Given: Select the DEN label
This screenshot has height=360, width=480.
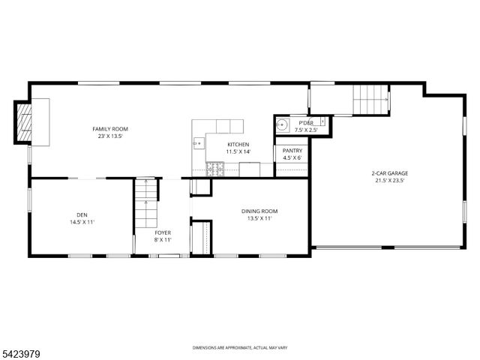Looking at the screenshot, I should [x=82, y=214].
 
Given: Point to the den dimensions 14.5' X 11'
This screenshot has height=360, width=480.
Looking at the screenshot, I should [x=82, y=222].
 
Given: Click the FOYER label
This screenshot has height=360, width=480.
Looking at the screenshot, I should [x=163, y=232].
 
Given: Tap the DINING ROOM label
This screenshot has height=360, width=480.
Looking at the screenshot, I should [x=259, y=211].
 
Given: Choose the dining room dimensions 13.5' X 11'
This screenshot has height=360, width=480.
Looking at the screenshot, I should [x=259, y=219].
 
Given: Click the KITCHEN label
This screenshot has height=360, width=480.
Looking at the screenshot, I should [x=238, y=144].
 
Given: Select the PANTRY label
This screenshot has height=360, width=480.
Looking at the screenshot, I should [x=292, y=150].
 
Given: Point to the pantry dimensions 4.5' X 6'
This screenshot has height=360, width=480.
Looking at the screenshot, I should [x=292, y=157].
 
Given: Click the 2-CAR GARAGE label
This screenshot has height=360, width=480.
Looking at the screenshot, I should [x=388, y=172].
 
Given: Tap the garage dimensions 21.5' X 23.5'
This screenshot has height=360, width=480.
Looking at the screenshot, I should [x=388, y=181].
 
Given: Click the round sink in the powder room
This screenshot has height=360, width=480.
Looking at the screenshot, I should [x=283, y=125].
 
